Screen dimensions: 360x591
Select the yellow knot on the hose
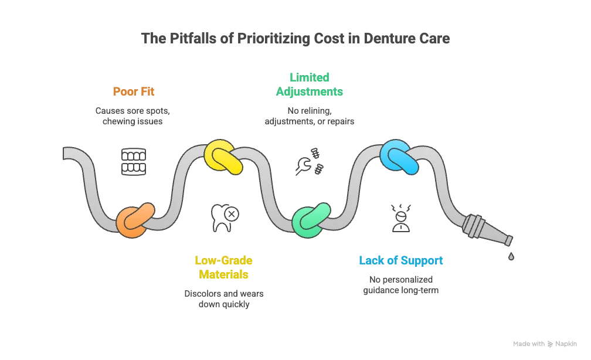(x=223, y=157)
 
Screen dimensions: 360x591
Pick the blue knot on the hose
(x=399, y=157)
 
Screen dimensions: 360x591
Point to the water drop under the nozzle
(x=512, y=256)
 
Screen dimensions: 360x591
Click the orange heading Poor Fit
(x=133, y=92)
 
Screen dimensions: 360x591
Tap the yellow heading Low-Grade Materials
(x=223, y=267)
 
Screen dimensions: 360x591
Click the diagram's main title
(x=295, y=39)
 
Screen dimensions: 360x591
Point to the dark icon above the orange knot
(x=134, y=161)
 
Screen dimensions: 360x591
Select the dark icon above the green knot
(x=310, y=161)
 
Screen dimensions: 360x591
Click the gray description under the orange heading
(x=133, y=115)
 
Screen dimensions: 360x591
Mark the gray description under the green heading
(x=309, y=116)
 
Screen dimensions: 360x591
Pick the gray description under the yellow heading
(x=223, y=297)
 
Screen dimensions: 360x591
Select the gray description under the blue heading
(x=400, y=285)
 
